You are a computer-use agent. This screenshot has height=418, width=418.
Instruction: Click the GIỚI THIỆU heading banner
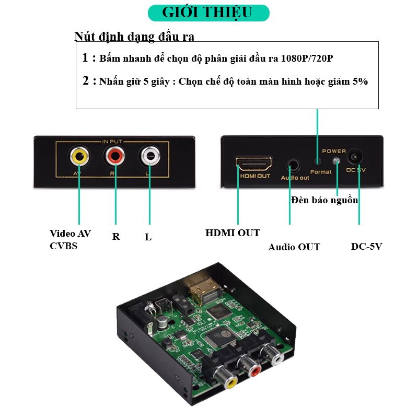208,13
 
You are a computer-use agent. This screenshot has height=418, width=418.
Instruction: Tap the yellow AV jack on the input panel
79,156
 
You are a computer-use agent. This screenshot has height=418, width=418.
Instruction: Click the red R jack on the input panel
115,156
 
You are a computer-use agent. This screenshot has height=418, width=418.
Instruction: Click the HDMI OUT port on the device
254,163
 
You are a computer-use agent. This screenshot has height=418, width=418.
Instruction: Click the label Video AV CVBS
70,239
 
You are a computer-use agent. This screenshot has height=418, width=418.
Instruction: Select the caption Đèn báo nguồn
324,200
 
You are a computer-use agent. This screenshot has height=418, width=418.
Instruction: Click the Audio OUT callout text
294,247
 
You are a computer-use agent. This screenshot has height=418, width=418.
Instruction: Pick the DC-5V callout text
366,246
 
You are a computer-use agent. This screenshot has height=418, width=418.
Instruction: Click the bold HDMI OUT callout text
232,233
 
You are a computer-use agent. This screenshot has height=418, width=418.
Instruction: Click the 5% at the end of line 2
359,82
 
